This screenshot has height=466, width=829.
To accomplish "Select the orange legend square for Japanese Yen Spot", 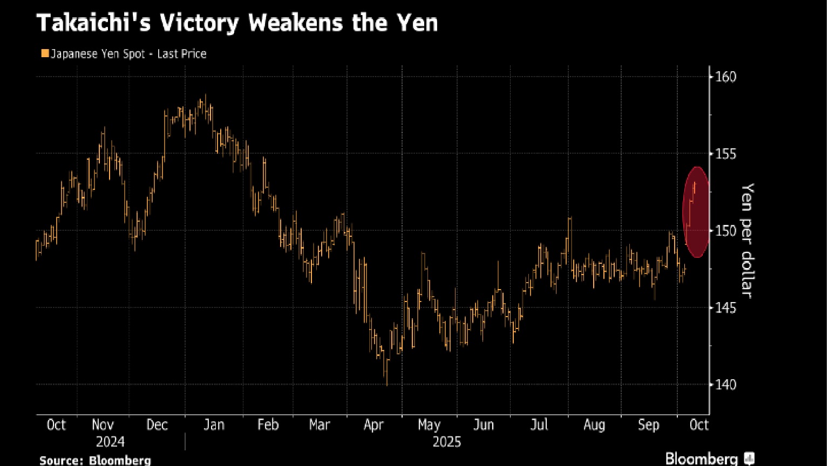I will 44,53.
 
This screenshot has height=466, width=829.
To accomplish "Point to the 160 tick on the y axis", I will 725,77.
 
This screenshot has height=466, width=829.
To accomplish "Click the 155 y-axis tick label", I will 725,154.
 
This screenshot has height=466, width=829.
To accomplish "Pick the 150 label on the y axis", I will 725,231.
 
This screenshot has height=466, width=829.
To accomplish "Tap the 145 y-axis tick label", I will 725,307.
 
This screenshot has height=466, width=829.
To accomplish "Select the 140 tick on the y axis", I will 725,385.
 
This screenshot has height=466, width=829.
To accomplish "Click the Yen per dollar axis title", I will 747,239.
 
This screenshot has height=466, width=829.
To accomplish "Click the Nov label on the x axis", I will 103,424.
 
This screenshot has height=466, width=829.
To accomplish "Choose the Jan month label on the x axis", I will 214,424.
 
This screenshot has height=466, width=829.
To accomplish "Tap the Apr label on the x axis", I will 373,424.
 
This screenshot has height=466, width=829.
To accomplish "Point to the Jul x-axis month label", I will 539,424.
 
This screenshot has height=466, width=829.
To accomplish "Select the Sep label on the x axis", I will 648,424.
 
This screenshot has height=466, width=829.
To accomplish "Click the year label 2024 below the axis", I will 110,442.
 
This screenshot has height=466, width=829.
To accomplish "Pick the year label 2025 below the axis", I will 447,442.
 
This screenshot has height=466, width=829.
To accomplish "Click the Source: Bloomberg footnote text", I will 95,460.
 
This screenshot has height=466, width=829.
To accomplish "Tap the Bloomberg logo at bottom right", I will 709,458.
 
